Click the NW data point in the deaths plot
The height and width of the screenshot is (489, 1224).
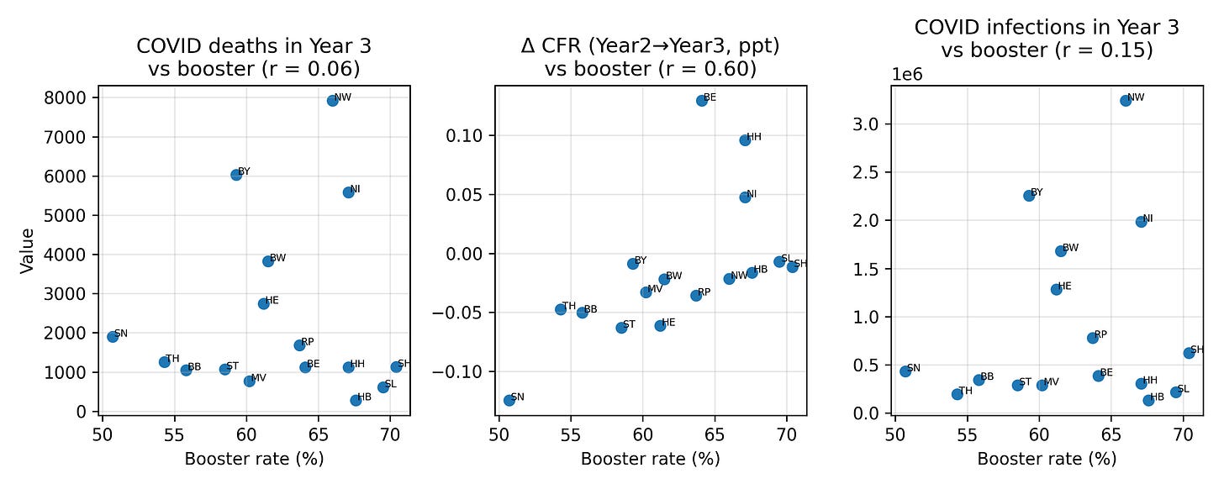332,100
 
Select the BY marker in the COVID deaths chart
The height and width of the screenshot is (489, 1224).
236,175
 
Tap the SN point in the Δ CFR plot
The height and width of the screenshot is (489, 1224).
509,400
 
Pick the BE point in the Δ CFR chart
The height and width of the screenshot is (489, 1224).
702,100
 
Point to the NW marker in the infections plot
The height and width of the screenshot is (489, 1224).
1126,100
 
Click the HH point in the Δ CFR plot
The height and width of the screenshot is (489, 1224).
745,139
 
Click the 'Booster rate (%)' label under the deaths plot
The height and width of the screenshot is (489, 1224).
254,459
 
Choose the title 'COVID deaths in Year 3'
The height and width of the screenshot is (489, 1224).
254,47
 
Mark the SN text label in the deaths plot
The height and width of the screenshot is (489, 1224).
121,334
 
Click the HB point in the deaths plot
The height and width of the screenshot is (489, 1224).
356,400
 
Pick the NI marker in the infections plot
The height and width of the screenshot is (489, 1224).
1141,222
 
